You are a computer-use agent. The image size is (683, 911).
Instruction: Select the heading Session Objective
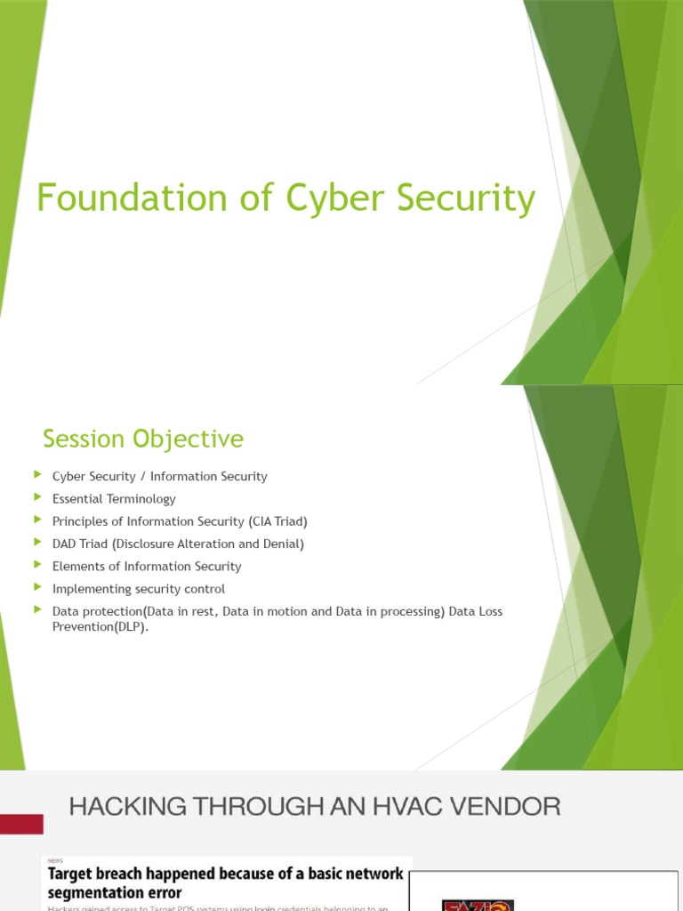point(143,439)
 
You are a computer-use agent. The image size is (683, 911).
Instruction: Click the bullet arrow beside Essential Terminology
point(37,498)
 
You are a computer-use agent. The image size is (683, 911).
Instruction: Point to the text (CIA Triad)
point(277,521)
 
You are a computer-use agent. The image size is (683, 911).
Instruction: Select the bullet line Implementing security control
point(139,588)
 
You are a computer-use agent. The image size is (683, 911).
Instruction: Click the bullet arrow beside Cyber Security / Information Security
point(37,476)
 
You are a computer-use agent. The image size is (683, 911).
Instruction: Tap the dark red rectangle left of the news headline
point(21,824)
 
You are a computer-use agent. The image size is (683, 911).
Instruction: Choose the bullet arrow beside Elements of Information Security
point(37,565)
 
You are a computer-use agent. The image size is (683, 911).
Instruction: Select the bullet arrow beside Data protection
point(37,610)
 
